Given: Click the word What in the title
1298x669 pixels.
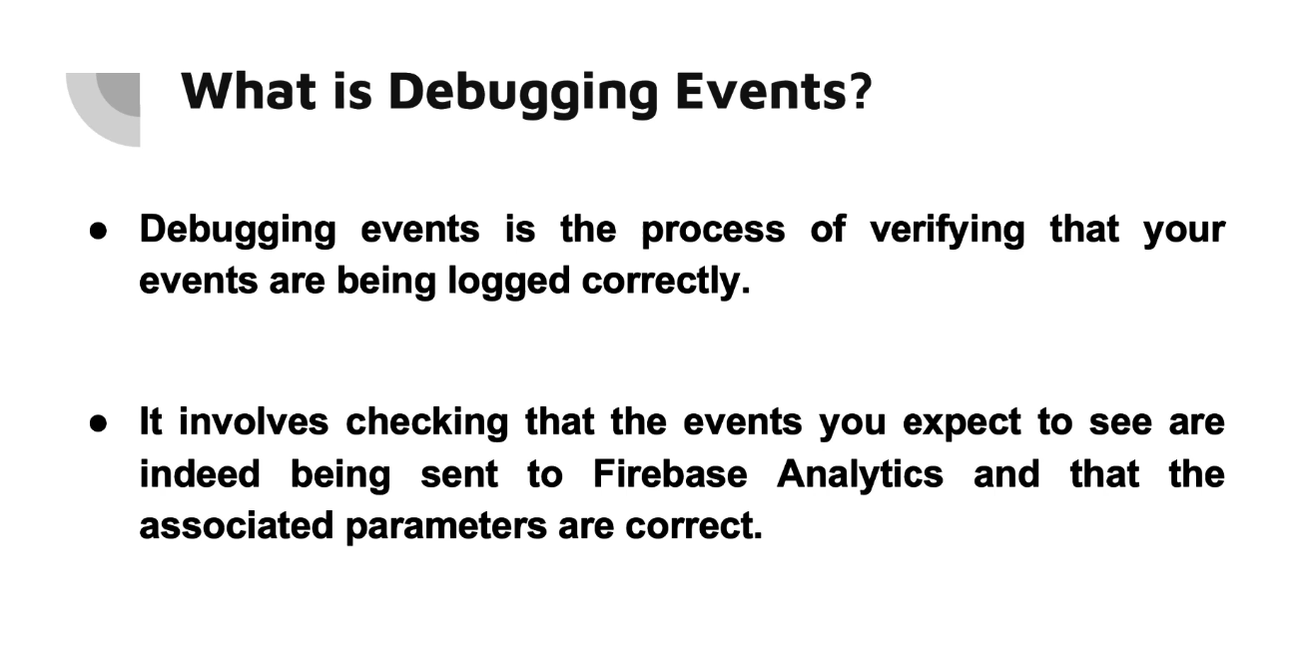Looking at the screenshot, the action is point(249,91).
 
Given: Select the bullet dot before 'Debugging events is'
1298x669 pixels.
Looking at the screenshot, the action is point(99,231).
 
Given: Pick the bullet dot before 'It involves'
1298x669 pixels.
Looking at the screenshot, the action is point(99,423).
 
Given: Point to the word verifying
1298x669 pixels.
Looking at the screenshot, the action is point(948,231).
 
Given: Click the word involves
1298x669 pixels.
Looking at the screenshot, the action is point(254,421).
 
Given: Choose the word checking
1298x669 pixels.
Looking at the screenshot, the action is point(427,423).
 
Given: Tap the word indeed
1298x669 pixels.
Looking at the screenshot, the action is point(200,473).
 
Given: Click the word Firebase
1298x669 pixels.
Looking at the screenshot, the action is point(670,473).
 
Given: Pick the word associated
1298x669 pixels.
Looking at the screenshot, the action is point(237,525).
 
